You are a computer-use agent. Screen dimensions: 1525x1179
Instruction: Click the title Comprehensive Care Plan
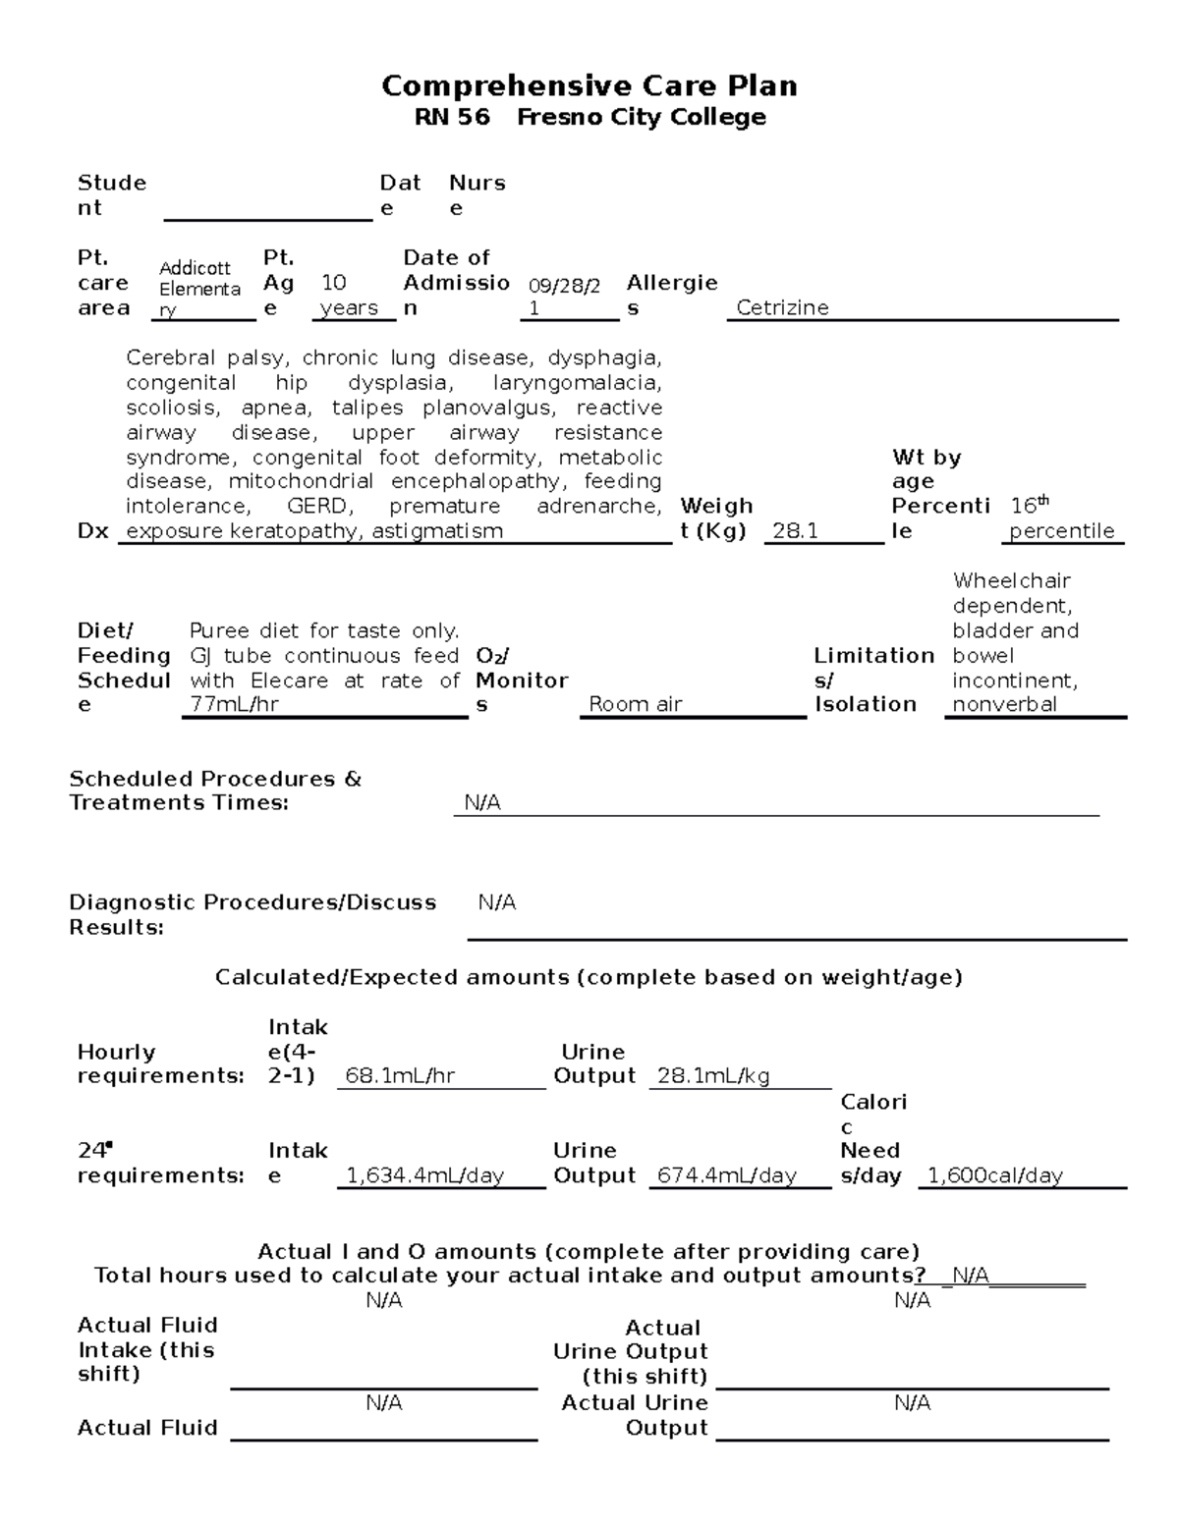589,86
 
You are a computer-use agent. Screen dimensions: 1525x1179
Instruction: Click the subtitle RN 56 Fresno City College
589,118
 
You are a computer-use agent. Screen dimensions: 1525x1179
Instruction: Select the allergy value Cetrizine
782,308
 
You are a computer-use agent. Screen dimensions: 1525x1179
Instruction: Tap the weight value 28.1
795,531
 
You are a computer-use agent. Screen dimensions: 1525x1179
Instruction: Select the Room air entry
635,704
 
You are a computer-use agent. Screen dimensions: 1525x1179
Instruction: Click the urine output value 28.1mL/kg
712,1076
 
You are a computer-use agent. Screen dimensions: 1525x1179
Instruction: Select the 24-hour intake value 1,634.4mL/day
424,1175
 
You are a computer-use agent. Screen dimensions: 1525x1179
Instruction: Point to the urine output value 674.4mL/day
726,1175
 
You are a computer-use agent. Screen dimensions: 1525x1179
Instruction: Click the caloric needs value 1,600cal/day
995,1175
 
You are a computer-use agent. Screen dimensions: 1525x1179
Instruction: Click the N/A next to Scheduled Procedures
482,803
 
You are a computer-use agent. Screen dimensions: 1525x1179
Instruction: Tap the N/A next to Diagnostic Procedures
496,902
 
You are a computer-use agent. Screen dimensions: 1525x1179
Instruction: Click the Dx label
92,531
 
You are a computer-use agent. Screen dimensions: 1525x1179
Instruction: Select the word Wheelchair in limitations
1011,581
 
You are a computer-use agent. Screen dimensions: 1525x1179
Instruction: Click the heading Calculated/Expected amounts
589,977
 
